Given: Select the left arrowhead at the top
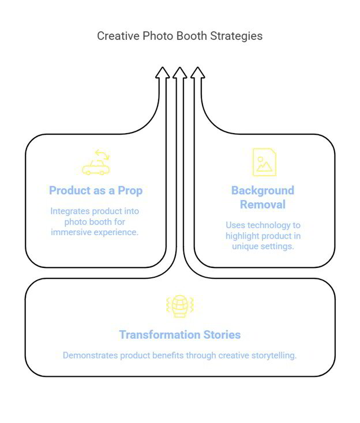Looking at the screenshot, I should click(163, 73).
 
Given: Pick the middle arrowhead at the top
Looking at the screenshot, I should click(180, 73).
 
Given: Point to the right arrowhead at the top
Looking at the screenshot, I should click(198, 73).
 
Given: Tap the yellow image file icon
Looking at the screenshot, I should click(264, 162).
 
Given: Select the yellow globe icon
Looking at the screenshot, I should click(180, 306).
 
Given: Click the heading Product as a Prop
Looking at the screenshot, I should click(96, 190).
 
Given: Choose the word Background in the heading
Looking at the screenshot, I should click(262, 190).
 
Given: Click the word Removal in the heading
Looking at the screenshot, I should click(262, 205).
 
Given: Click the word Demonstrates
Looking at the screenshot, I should click(89, 356).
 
